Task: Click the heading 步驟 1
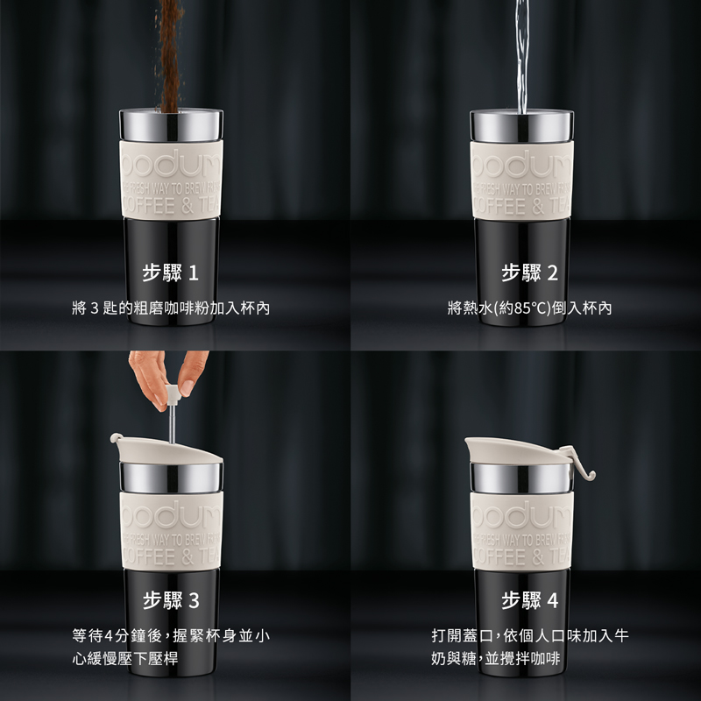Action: (170, 273)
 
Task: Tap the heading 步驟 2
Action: (530, 273)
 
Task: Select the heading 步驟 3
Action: (171, 600)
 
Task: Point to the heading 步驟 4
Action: (530, 600)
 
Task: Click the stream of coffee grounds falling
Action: (170, 56)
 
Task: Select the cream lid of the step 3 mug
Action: (166, 450)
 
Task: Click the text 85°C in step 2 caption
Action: (531, 308)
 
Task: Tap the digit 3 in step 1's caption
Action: (94, 308)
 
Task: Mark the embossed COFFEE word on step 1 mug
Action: (148, 206)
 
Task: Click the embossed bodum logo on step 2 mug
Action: (521, 163)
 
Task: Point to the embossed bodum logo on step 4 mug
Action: (521, 514)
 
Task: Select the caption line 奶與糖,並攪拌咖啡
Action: (495, 659)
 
